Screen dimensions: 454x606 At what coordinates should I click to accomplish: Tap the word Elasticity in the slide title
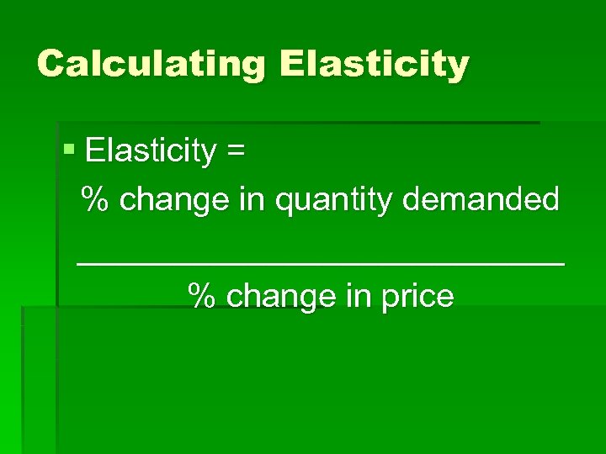coord(374,64)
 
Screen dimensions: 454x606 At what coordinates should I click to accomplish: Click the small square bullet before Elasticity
coord(70,151)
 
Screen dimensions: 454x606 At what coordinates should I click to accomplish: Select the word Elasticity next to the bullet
coord(151,151)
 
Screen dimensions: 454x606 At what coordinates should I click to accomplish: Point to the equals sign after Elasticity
coord(236,152)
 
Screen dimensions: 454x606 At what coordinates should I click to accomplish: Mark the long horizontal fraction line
coord(321,263)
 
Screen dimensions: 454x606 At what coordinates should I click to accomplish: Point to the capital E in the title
coord(291,64)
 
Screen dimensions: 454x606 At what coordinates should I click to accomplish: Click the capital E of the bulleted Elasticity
coord(94,151)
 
